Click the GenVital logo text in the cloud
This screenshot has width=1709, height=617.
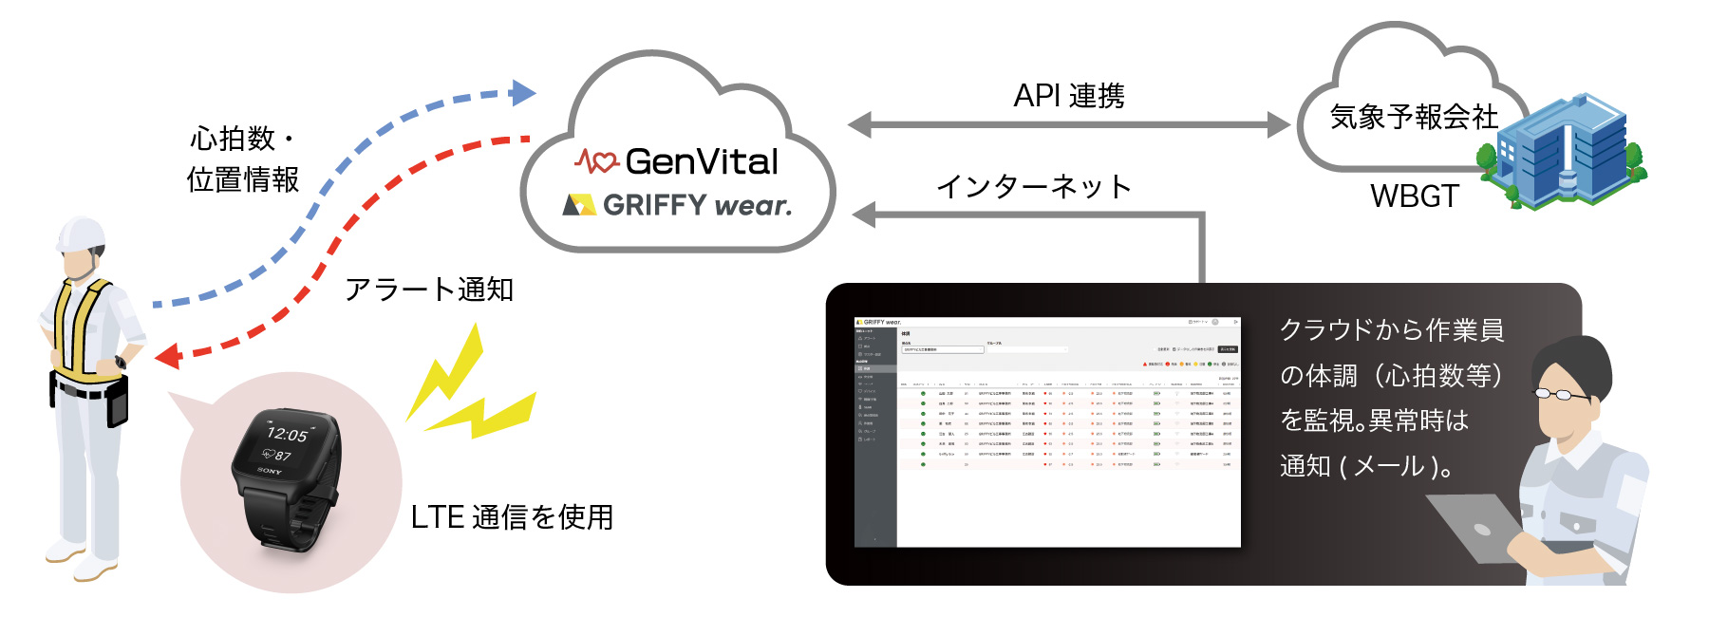coord(701,161)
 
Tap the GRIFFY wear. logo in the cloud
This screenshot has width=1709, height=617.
coord(695,205)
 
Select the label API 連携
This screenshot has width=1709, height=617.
coord(1069,96)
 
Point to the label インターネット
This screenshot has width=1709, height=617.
coord(1034,186)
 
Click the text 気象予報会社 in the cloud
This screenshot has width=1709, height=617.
coord(1414,117)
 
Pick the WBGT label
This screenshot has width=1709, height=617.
coord(1414,196)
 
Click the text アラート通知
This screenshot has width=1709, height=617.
coord(429,289)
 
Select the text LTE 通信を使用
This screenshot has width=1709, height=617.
coord(512,517)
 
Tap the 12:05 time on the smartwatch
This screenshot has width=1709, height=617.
coord(287,434)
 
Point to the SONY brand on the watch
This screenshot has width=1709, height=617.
coord(270,471)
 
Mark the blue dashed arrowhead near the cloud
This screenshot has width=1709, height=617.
coord(523,92)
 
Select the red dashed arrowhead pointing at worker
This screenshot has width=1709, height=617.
coord(168,356)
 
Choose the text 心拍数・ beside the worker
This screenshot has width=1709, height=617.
coord(243,139)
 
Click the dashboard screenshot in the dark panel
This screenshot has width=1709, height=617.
coord(1047,432)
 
